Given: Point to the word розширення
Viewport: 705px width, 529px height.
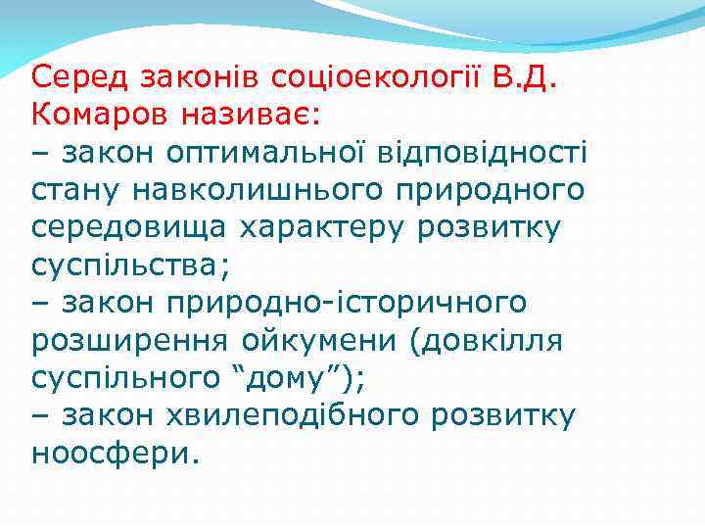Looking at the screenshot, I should point(130,342).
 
